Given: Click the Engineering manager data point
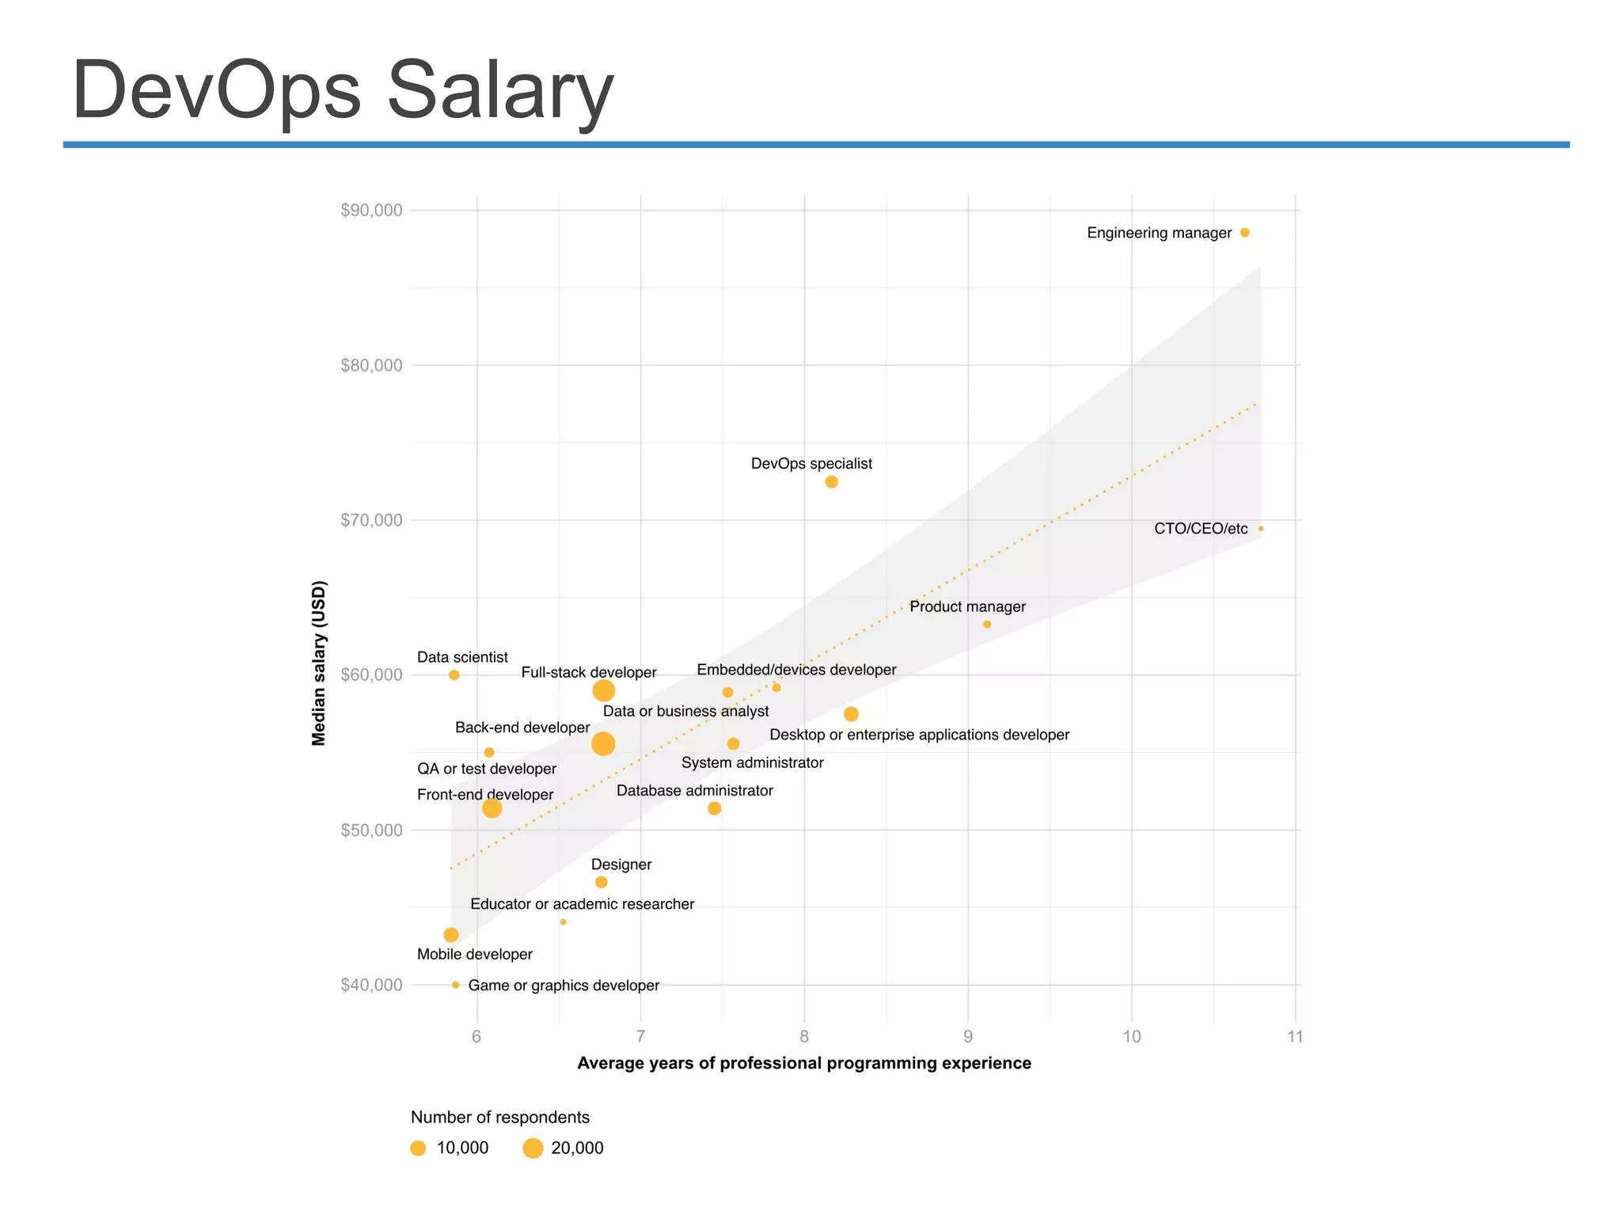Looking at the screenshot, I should (x=1244, y=233).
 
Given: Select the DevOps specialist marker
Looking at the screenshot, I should (x=831, y=482).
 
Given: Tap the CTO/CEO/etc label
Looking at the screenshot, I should (x=1200, y=529).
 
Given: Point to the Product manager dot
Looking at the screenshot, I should (x=987, y=625).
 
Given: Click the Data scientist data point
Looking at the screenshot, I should (x=454, y=675).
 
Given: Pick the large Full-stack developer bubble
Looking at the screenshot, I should (x=603, y=690).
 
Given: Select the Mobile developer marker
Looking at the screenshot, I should (x=451, y=935).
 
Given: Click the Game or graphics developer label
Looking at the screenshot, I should (x=564, y=986).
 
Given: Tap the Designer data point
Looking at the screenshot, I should (x=602, y=882).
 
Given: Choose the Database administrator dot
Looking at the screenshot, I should (x=715, y=808).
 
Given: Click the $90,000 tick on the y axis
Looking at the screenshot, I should (x=371, y=211).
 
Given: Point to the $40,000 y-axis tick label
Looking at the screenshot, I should (x=371, y=985).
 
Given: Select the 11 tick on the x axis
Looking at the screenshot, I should (x=1295, y=1037).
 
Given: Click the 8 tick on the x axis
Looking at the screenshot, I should (x=804, y=1037).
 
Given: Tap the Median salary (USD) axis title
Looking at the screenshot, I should (x=319, y=663).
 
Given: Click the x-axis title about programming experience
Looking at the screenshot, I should (x=804, y=1063).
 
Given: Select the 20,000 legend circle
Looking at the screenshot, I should (x=533, y=1148).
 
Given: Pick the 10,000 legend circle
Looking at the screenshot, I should (x=419, y=1148).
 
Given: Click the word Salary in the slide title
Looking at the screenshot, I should (x=500, y=90).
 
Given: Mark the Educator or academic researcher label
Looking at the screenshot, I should (x=582, y=904).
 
